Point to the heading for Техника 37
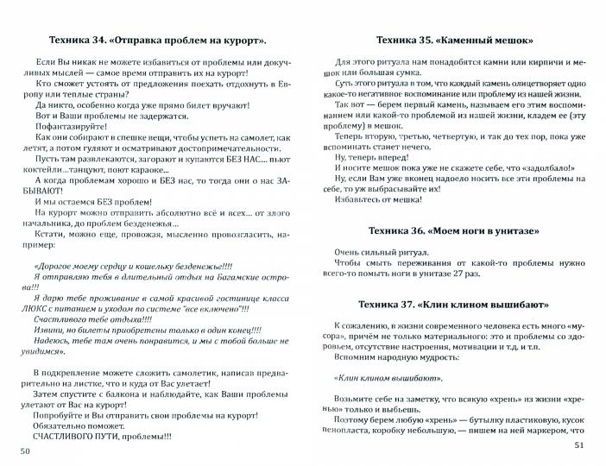tap(454, 305)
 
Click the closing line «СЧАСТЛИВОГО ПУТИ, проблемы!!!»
tap(102, 437)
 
